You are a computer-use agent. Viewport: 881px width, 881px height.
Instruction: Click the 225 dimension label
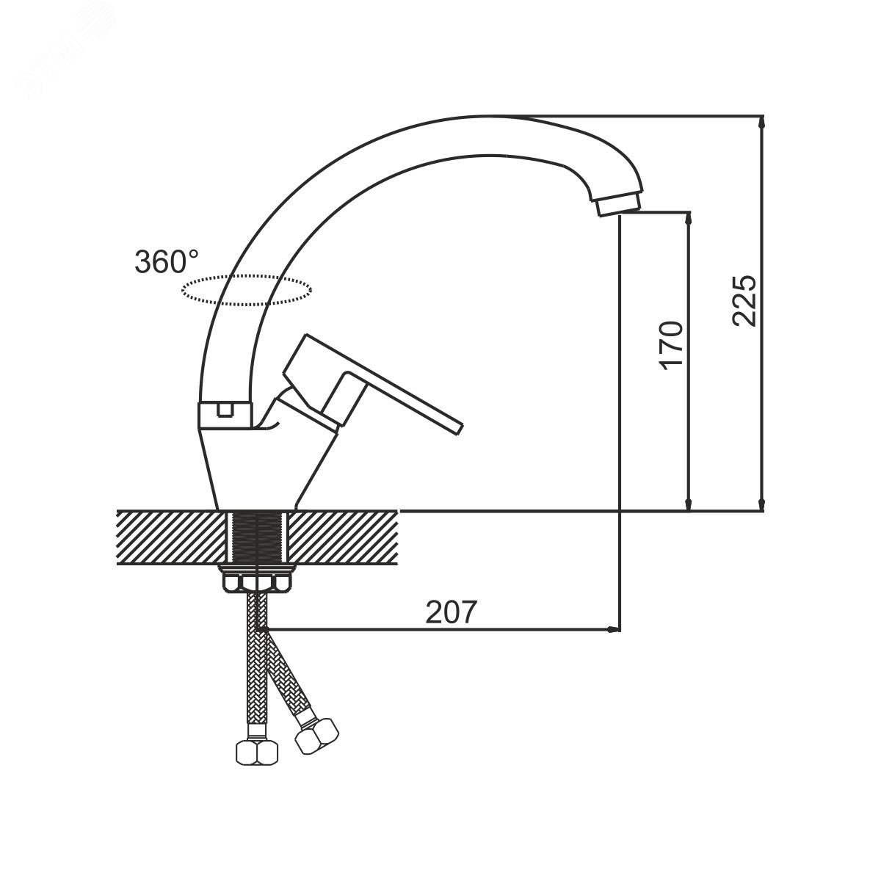point(744,301)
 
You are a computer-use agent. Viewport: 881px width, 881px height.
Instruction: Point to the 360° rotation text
point(167,261)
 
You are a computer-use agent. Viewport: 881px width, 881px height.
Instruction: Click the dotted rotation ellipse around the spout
point(247,276)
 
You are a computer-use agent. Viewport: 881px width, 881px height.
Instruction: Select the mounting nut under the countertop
point(256,581)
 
